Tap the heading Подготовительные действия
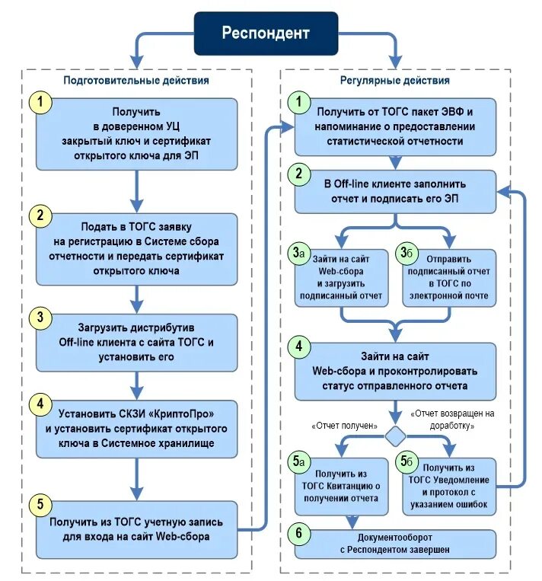pyautogui.click(x=136, y=79)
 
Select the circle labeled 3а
pyautogui.click(x=298, y=253)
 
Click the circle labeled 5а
pyautogui.click(x=298, y=461)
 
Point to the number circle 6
pyautogui.click(x=298, y=532)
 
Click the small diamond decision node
pyautogui.click(x=395, y=436)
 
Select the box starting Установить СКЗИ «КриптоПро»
pyautogui.click(x=137, y=429)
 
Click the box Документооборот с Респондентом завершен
pyautogui.click(x=396, y=544)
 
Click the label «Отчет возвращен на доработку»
pyautogui.click(x=453, y=420)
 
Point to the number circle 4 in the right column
pyautogui.click(x=298, y=346)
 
